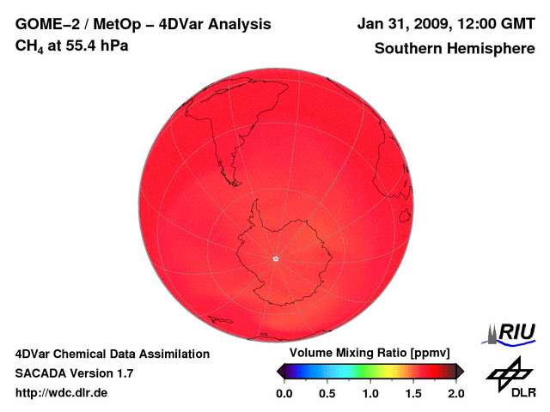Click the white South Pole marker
click(x=276, y=258)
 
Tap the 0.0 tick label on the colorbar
click(x=284, y=393)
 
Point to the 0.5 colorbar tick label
click(x=327, y=393)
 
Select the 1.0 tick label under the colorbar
click(x=370, y=393)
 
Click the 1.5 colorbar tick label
click(x=413, y=393)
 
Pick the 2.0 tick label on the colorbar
click(x=455, y=393)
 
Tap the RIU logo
click(x=513, y=332)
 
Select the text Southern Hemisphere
click(x=455, y=49)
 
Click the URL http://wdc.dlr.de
click(x=62, y=393)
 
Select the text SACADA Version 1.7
click(x=74, y=373)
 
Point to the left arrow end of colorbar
click(x=279, y=371)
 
